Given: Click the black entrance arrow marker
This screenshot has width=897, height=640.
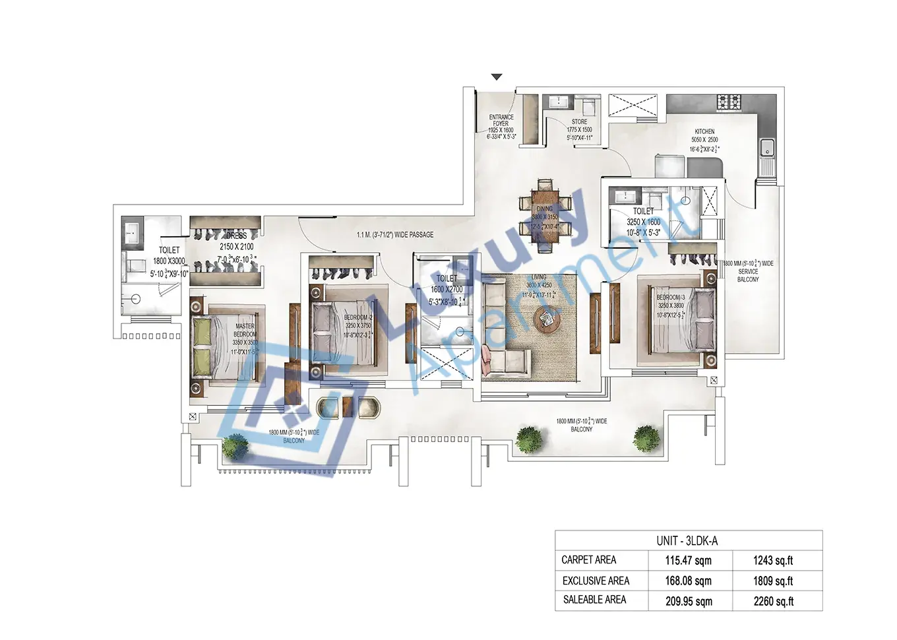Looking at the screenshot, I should click(x=497, y=77).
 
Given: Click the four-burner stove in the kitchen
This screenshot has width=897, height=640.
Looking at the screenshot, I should click(x=728, y=102).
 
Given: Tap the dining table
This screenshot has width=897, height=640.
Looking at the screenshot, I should click(x=545, y=215).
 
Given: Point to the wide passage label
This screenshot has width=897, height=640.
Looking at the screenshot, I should click(x=395, y=235).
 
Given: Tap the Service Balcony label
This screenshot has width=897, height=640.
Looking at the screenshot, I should click(x=748, y=271).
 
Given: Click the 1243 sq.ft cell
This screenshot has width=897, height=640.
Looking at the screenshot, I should click(x=773, y=561).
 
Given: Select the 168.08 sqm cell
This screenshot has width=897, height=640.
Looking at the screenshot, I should click(x=688, y=581).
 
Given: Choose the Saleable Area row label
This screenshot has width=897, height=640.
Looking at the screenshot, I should click(x=594, y=600).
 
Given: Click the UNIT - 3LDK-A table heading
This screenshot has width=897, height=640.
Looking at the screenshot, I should click(x=687, y=541).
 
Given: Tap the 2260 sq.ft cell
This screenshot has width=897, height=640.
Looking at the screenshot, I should click(x=773, y=601).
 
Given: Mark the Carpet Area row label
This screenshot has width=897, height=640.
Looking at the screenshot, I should click(x=588, y=560).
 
